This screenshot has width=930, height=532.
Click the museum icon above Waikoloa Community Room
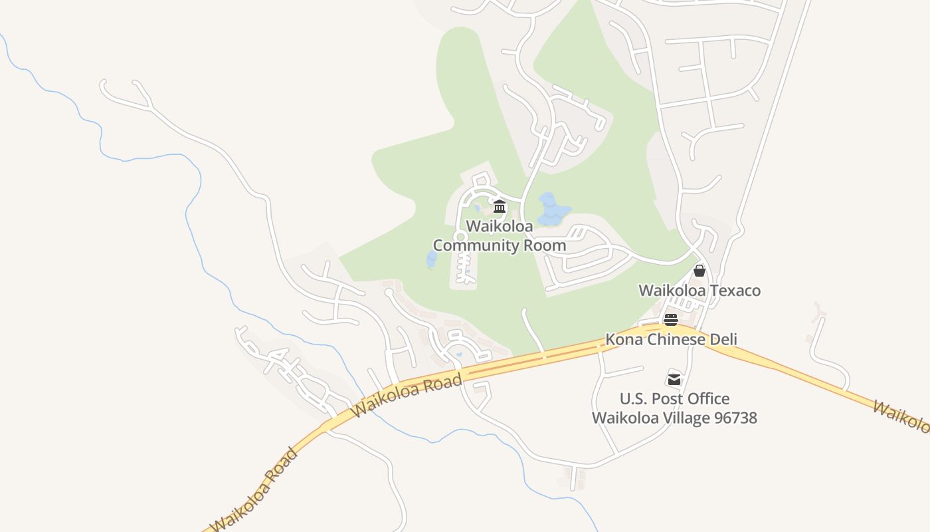click(x=500, y=206)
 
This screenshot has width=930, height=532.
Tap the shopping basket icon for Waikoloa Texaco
click(x=699, y=271)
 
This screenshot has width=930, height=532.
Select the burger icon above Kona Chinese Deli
click(x=670, y=320)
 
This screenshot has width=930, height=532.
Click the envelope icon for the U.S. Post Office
click(x=674, y=379)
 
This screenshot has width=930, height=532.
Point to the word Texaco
click(x=735, y=291)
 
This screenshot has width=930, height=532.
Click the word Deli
click(x=721, y=340)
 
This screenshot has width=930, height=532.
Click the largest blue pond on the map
click(x=551, y=210)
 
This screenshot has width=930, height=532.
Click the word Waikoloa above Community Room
click(x=500, y=226)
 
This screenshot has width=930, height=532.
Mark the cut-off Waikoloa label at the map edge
click(x=903, y=416)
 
